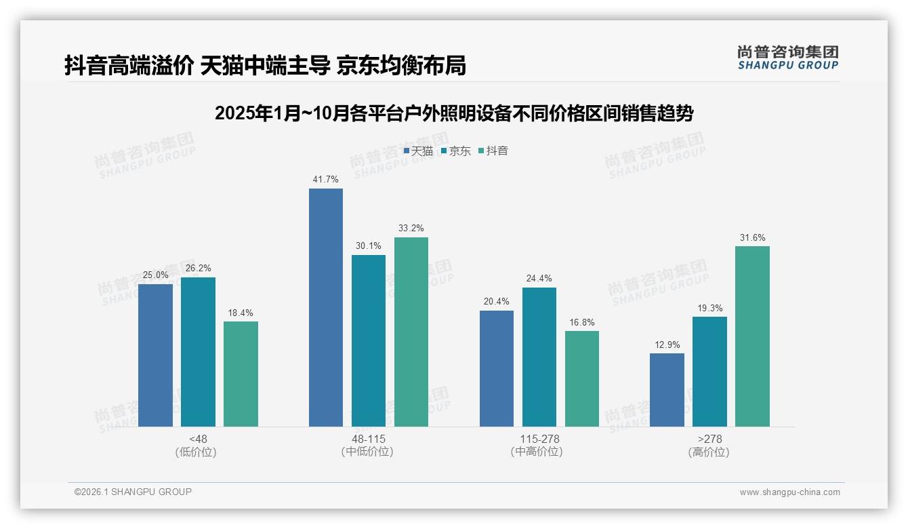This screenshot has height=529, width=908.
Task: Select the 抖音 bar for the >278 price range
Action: (x=752, y=336)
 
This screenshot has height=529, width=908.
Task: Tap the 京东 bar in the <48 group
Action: (x=198, y=352)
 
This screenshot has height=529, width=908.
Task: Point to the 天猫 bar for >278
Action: (x=667, y=390)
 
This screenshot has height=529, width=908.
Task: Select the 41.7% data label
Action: (x=325, y=180)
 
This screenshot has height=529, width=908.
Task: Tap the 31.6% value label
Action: (x=752, y=237)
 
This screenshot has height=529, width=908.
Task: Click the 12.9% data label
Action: (x=667, y=345)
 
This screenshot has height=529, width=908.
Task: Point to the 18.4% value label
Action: (x=241, y=313)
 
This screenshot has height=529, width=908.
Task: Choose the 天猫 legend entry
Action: (x=418, y=151)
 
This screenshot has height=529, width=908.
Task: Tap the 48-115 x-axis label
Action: (x=368, y=439)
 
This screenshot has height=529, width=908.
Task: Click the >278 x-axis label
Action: (x=709, y=439)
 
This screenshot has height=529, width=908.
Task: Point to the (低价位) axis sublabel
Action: (x=197, y=452)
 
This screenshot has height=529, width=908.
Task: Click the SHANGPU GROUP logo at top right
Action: (x=787, y=58)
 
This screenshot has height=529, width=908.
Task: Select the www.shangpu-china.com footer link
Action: (x=789, y=492)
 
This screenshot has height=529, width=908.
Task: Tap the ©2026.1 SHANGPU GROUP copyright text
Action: (x=133, y=492)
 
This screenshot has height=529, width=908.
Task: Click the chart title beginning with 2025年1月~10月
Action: (x=453, y=113)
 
